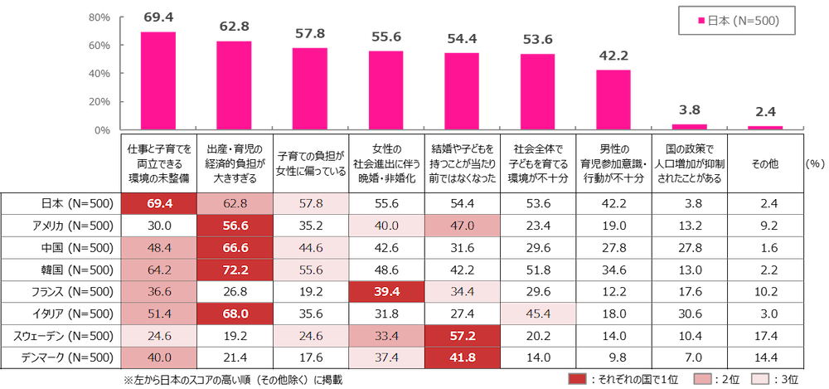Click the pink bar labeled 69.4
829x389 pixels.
158,80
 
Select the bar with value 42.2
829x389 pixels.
613,99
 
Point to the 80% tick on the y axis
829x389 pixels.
99,17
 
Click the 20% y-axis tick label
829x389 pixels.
99,102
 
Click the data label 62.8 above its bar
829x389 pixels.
234,26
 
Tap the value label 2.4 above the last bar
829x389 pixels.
765,112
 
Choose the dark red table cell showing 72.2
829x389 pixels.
236,270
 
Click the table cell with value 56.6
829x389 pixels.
236,225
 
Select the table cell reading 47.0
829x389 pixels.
462,225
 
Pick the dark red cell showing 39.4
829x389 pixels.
386,293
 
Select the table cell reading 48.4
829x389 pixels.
160,248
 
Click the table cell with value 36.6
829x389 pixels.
160,293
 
